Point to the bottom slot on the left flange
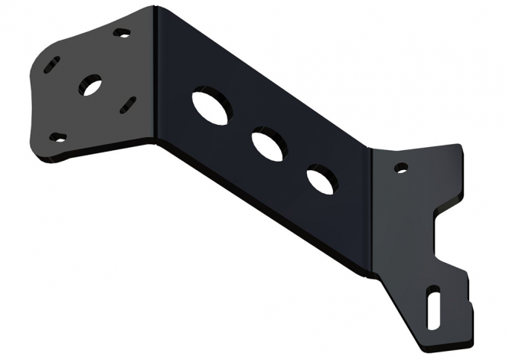pyautogui.click(x=57, y=138)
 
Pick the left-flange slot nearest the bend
pyautogui.click(x=129, y=102)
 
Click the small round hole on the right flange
pyautogui.click(x=400, y=165)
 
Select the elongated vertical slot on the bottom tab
pyautogui.click(x=433, y=299)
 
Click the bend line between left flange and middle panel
pyautogui.click(x=155, y=77)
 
